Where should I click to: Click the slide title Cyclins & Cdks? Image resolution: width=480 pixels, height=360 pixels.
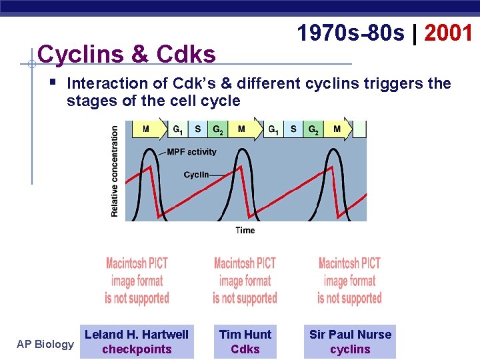pos(127,54)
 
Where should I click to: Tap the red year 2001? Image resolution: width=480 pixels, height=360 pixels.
pos(448,33)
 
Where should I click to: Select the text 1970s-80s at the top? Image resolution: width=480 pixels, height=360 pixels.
pos(351,33)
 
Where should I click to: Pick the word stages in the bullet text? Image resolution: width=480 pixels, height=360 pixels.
pos(87,101)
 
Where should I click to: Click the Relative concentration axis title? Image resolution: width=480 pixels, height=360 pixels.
pos(115,171)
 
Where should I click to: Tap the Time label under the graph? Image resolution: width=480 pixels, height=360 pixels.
pos(245,230)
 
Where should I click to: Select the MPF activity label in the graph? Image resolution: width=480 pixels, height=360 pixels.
pos(191,152)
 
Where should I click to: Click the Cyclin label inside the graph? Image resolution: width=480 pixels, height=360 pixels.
pos(196,175)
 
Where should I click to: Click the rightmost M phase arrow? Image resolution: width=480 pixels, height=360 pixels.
pos(338,129)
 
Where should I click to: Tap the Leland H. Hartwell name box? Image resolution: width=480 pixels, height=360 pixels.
pos(137,342)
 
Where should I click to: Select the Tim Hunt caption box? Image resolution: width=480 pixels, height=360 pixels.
pos(245,342)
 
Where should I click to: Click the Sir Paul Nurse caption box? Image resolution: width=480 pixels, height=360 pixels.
pos(350,342)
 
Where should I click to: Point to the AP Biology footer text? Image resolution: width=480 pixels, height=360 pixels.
pos(45,344)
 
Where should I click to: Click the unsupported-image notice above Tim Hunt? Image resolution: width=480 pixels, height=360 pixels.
pos(245,281)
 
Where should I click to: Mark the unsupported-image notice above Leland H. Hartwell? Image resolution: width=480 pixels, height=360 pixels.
pos(137,281)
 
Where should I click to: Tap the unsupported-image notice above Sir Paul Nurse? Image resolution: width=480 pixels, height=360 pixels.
pos(349,281)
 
